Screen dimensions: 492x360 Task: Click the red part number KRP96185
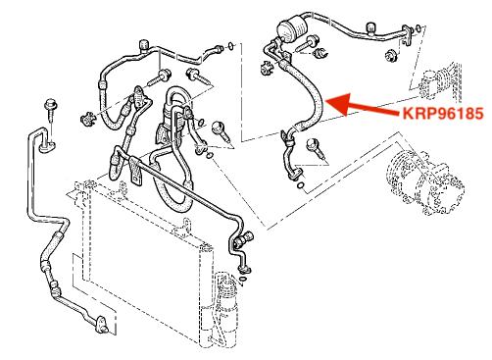[443, 114]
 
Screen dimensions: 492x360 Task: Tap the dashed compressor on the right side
[424, 182]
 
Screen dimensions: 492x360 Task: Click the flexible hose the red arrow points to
[306, 96]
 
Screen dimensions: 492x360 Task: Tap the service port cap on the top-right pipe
[370, 28]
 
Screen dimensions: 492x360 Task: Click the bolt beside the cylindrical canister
[308, 43]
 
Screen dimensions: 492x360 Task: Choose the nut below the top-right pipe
[390, 55]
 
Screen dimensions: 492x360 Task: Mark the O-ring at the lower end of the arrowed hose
[301, 185]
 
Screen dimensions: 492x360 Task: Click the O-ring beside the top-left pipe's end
[230, 45]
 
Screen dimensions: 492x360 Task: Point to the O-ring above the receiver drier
[242, 280]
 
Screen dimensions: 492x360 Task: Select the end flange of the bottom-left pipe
[102, 324]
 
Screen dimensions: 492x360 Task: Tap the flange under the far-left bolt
[48, 146]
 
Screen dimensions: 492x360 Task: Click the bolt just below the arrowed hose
[315, 148]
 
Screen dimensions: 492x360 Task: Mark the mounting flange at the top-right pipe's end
[407, 34]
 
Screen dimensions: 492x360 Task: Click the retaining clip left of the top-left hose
[87, 118]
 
